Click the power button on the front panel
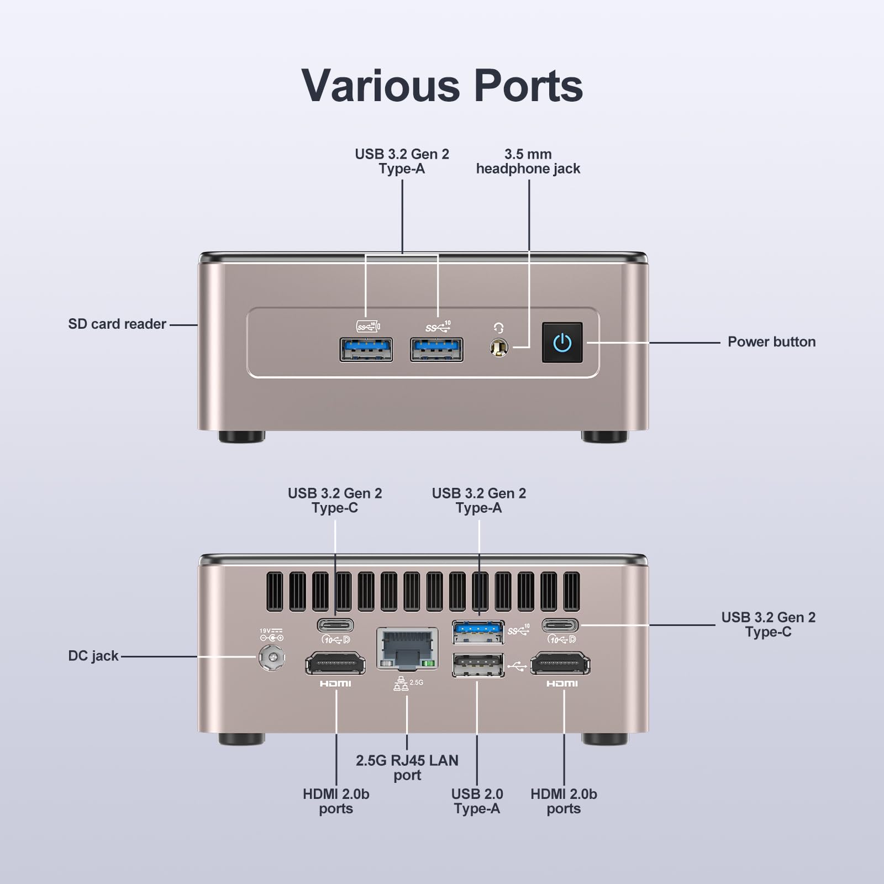point(562,343)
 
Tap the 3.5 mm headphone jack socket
point(498,348)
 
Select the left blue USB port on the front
point(366,350)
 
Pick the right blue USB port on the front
point(436,350)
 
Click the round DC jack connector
point(272,657)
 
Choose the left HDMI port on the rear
point(335,664)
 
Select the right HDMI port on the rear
point(560,664)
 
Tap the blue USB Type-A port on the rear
point(478,632)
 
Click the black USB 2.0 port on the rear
point(478,665)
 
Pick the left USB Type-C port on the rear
point(335,625)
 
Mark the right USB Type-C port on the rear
point(560,625)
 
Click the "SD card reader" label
point(117,324)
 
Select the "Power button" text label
point(771,341)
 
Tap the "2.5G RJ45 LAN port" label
point(407,767)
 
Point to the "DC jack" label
point(93,656)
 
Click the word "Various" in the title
point(381,86)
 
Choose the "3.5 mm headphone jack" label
point(528,161)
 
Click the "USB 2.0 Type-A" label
point(477,801)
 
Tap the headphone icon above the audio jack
point(498,328)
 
